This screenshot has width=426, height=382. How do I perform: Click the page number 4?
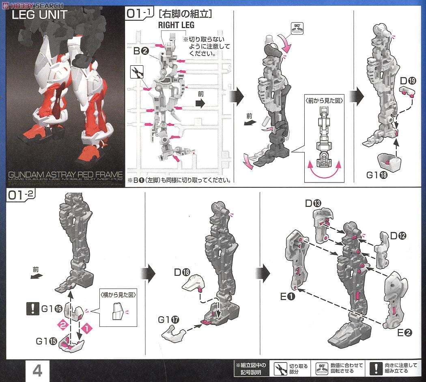(37, 370)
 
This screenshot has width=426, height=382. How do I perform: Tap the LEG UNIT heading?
(39, 15)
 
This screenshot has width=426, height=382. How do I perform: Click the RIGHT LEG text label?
(176, 25)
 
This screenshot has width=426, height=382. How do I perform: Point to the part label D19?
(408, 81)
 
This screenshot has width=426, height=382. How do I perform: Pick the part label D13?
(314, 203)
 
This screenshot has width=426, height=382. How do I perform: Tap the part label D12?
(398, 236)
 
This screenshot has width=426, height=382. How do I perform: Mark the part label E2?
(404, 333)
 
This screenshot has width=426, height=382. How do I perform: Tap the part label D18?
(182, 273)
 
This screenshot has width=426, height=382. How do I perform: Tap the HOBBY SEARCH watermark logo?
(32, 5)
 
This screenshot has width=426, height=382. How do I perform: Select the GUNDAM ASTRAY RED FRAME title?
(65, 175)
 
